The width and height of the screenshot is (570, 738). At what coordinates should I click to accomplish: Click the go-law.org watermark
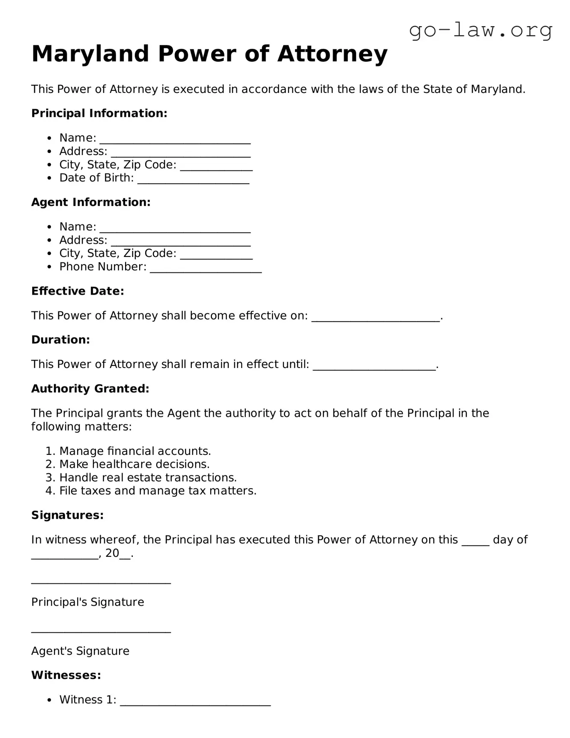(x=480, y=30)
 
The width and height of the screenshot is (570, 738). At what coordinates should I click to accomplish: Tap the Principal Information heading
(x=99, y=114)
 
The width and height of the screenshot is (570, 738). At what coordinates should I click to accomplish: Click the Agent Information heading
(x=91, y=202)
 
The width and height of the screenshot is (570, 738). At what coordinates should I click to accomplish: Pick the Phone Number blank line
(x=206, y=268)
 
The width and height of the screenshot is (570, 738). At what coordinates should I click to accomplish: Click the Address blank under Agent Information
(x=180, y=242)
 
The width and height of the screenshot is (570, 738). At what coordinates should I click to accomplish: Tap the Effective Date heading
(x=78, y=291)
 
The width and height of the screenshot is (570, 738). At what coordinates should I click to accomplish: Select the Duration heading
(x=60, y=340)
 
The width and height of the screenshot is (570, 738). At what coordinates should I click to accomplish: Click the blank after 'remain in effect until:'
(x=374, y=366)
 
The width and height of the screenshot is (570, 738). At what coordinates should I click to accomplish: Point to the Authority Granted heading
(x=90, y=389)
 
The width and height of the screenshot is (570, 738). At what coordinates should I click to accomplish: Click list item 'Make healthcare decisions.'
(x=134, y=464)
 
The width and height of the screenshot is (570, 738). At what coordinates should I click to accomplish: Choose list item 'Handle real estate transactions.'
(x=148, y=478)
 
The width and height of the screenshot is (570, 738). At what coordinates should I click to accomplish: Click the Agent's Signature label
(x=80, y=651)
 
